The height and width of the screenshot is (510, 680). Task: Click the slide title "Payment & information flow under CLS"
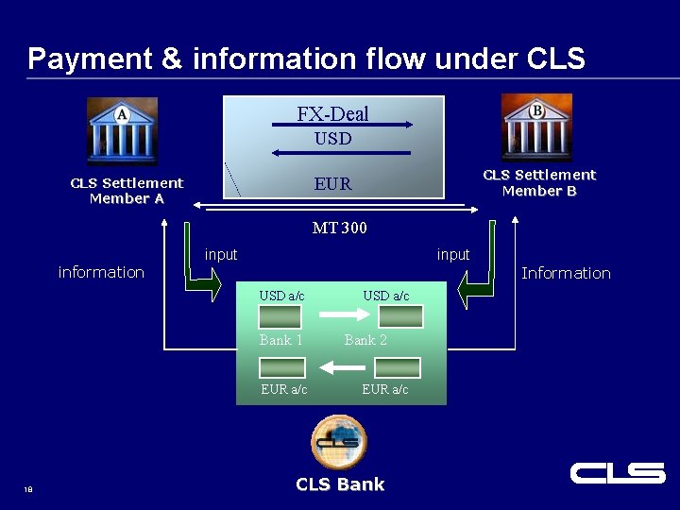coord(306,59)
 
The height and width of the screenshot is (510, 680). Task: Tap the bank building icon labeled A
coord(123,131)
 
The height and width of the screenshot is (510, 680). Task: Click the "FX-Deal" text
coord(332,114)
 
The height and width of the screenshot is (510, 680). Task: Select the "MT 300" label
coord(339,228)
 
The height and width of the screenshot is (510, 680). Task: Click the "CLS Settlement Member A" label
coord(127,191)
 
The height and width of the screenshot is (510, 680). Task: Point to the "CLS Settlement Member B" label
coord(539,182)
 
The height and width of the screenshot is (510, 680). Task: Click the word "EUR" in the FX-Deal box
coord(332,184)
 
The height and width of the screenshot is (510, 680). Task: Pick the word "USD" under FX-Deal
coord(332,139)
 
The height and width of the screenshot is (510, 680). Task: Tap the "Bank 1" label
coord(280,340)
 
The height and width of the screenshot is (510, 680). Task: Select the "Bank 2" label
coord(365,340)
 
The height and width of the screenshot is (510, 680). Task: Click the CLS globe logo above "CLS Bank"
coord(338,441)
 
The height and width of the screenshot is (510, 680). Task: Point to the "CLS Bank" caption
coord(340,484)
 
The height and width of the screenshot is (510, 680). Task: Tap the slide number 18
coord(28,488)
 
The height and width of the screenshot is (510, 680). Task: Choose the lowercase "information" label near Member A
coord(101,272)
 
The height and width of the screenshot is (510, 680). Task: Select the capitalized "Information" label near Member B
coord(566,273)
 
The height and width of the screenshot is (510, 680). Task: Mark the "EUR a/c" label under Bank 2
coord(385,389)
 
